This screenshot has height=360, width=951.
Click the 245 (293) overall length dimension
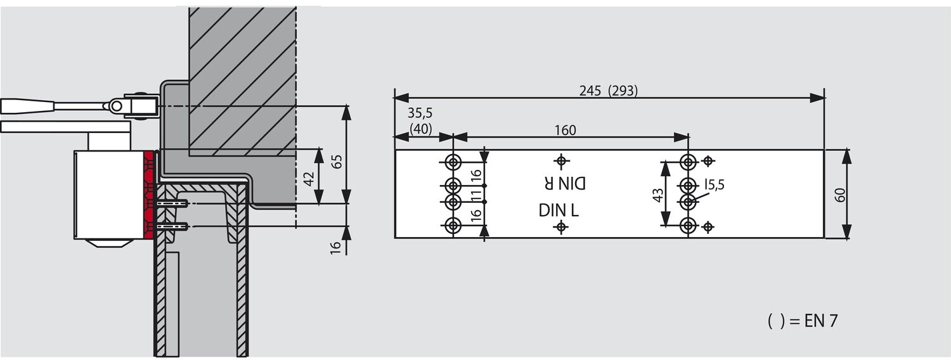click(x=609, y=91)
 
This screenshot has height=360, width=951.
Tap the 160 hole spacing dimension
click(x=565, y=130)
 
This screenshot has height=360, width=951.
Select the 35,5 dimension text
click(x=420, y=113)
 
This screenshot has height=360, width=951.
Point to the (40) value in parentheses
click(x=420, y=128)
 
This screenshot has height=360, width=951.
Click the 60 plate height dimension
click(x=840, y=195)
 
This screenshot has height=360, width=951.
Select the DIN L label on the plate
click(x=559, y=210)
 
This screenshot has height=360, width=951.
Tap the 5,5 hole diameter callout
click(x=714, y=184)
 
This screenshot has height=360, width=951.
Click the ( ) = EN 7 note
click(x=803, y=321)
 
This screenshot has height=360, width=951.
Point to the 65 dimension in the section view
click(x=336, y=162)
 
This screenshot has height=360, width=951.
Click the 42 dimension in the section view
click(x=309, y=178)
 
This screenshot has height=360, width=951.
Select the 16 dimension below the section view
click(x=335, y=247)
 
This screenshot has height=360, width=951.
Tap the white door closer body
click(x=109, y=195)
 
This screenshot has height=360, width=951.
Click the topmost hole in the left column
click(x=453, y=162)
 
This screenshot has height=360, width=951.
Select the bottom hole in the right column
click(x=688, y=226)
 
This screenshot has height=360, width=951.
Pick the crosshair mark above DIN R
click(x=562, y=160)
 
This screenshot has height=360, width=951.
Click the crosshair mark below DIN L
click(x=561, y=227)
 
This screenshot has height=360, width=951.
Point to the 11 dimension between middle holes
click(x=476, y=195)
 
